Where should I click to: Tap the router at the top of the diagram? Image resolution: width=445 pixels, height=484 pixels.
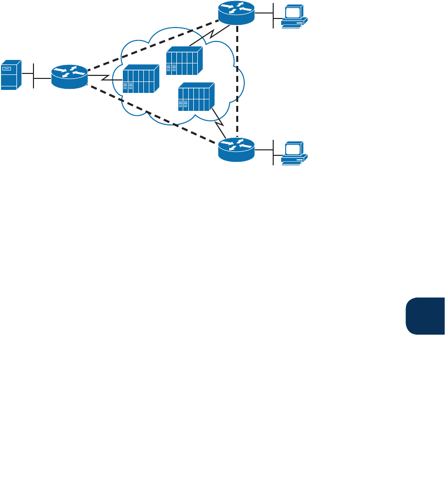[236, 12]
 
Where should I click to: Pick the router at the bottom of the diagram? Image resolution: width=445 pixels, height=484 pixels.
[236, 148]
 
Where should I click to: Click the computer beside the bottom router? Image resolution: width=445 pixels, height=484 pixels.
[294, 152]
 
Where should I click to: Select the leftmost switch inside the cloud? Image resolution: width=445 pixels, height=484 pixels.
[140, 79]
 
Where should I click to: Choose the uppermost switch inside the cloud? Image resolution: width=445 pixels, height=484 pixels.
[184, 60]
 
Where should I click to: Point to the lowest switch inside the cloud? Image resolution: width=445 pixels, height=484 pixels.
[196, 96]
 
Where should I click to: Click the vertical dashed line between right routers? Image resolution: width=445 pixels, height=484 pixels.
[237, 80]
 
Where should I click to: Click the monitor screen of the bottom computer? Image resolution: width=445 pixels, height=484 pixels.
[293, 148]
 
